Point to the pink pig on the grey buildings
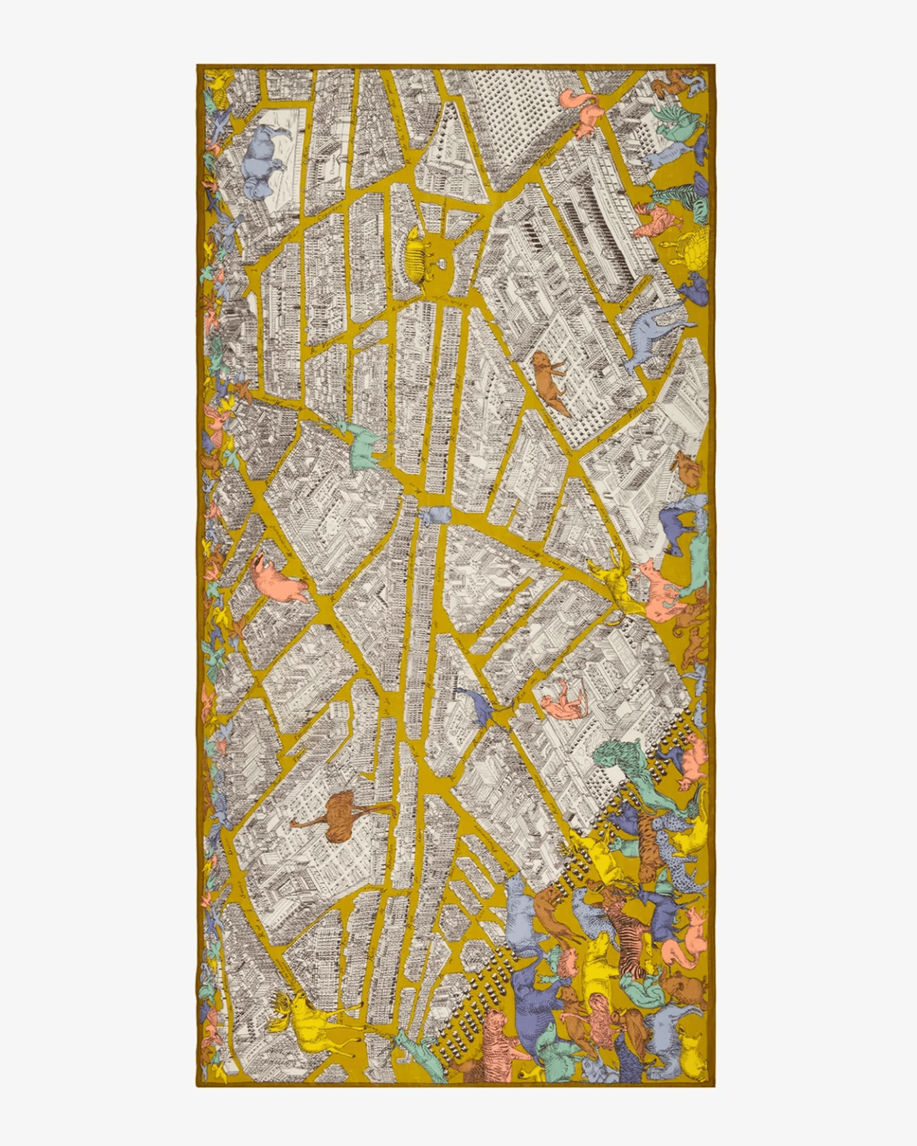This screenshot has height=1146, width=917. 278,576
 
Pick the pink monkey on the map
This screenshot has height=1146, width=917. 565,699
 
